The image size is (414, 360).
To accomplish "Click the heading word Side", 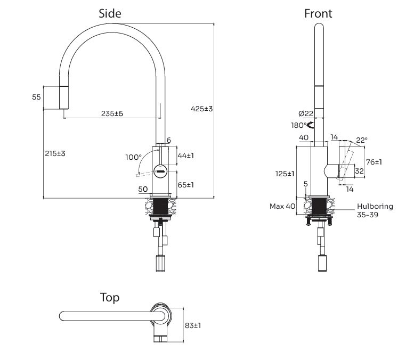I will coord(110,14).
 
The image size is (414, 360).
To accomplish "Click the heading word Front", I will coord(318,14).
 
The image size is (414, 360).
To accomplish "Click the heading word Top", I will coord(110,297).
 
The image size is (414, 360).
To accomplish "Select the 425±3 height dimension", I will coord(201,109).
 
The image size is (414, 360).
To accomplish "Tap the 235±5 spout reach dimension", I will coord(112,113).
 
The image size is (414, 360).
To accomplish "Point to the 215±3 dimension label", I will coord(55,153).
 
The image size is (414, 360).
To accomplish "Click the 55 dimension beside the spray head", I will coord(36,97).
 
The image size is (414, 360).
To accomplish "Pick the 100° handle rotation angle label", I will coord(133,157).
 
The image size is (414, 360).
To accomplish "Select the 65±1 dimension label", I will coord(185,185).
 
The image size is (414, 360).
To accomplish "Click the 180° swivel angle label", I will coord(298,126).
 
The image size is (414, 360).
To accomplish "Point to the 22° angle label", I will coord(361,140).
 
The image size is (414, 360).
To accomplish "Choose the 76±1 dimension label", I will coord(374,162).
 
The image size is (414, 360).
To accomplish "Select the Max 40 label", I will coord(282,206).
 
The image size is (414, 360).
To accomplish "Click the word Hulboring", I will coord(375,206).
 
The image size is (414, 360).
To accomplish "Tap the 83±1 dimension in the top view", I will coord(192,325).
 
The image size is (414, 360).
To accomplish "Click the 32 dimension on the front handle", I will coord(360,171).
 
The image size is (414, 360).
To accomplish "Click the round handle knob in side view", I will coord(160,171).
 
